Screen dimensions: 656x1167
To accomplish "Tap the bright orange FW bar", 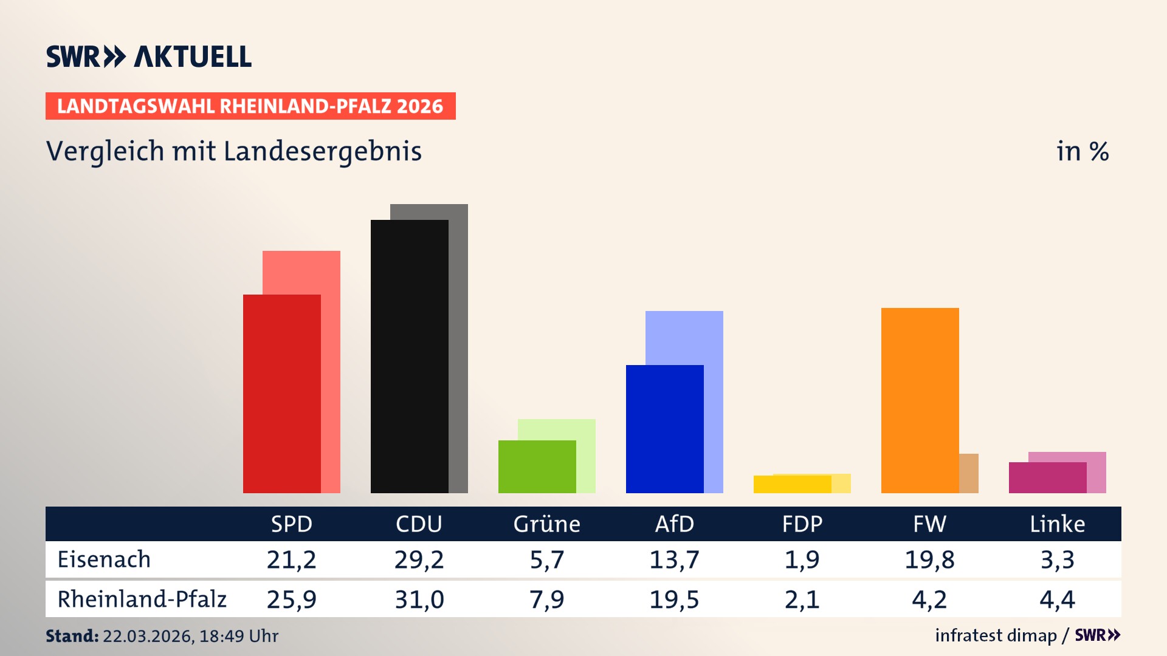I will [x=920, y=400].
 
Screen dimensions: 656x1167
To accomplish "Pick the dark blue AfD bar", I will [x=664, y=429].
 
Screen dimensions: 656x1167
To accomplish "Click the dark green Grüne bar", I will [x=537, y=466].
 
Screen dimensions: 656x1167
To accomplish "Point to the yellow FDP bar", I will [x=792, y=485].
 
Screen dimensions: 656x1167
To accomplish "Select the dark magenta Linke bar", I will [x=1047, y=478].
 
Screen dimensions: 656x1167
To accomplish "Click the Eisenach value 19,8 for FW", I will [x=929, y=559].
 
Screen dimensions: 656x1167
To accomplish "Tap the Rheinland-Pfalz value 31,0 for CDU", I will [x=419, y=600].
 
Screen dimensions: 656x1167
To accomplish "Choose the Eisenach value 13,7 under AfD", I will [x=674, y=559].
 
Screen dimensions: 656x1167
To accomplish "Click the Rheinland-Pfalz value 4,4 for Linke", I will [x=1057, y=600].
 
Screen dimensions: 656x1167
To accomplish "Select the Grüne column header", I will [x=546, y=524].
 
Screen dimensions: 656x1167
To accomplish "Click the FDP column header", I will [x=802, y=524].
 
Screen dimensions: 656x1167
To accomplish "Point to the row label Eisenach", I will [x=104, y=559].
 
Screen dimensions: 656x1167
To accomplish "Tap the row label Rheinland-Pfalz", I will [x=142, y=600].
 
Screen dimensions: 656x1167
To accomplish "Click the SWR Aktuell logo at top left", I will [x=149, y=56].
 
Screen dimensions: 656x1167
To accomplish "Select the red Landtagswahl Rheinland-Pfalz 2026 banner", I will [x=250, y=106].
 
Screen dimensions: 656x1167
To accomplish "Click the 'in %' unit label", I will [x=1082, y=151].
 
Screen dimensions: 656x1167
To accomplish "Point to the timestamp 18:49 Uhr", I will [x=238, y=636].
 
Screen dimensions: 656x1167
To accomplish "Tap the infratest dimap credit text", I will [x=996, y=635].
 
